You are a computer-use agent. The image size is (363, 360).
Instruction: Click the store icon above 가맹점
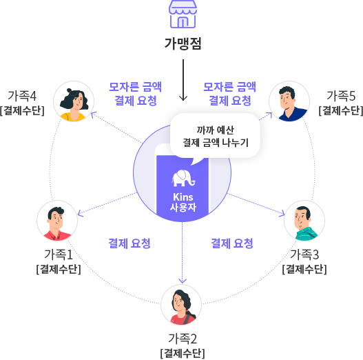(x=183, y=14)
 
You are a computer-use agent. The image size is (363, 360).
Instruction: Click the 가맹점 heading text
(x=183, y=43)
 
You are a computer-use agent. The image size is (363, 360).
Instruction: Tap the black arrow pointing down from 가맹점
(x=183, y=80)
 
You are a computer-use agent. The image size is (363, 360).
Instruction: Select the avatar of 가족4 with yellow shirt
(x=74, y=101)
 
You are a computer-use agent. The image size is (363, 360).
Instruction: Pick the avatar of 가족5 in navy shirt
(x=289, y=101)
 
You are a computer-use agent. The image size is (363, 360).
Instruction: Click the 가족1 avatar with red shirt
(x=57, y=221)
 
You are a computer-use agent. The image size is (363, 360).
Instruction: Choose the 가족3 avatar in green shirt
(x=304, y=221)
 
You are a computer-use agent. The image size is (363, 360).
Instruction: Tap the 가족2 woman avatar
(x=181, y=305)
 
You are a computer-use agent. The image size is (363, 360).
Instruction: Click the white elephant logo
(x=184, y=178)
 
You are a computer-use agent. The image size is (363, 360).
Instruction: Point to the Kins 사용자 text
(x=183, y=202)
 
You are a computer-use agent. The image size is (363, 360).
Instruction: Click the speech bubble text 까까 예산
(x=216, y=130)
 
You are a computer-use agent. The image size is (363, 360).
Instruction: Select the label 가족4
(x=22, y=96)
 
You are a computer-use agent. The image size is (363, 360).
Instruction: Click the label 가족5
(x=341, y=96)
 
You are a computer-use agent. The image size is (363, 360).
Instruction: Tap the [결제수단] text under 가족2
(x=183, y=354)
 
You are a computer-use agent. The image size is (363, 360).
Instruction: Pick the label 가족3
(x=304, y=254)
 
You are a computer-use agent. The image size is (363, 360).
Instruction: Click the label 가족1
(x=59, y=254)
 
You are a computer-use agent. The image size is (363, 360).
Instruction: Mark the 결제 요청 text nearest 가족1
(x=129, y=243)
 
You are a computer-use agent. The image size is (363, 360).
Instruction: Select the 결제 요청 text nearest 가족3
(x=232, y=243)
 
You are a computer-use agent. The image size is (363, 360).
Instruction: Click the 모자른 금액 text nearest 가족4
(x=135, y=87)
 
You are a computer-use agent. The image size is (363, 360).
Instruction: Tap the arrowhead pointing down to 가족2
(x=183, y=281)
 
